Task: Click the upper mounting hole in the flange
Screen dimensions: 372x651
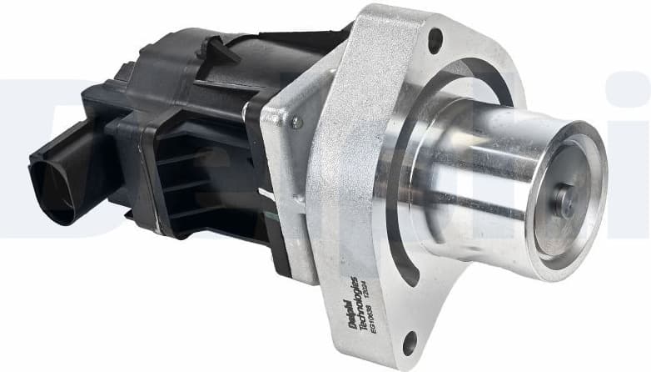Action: click(x=434, y=37)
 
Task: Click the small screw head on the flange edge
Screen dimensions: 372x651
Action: click(x=296, y=122)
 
